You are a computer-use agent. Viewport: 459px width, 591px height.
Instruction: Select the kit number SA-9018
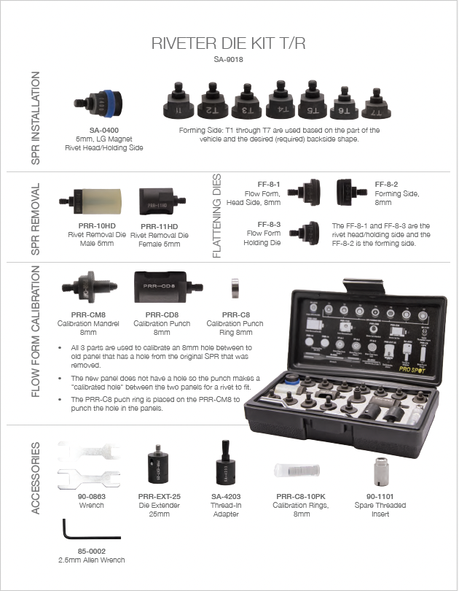pos(229,61)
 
